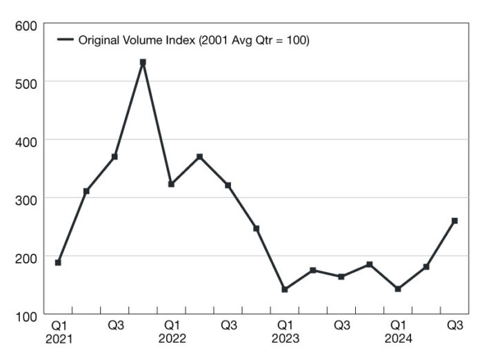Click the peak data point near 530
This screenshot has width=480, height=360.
143,62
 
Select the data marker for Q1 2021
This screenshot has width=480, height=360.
58,262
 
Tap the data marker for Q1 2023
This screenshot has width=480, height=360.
284,289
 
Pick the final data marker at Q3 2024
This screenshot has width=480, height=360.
454,221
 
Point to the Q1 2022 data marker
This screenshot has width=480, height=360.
171,184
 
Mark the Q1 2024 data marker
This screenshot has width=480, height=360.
398,289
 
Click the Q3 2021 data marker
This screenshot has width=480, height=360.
114,157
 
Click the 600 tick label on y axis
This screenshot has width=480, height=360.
26,26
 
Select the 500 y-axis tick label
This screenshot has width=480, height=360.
26,82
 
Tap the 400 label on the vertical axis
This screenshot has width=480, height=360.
26,140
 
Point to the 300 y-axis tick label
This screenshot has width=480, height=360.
26,199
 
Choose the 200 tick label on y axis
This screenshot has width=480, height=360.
26,257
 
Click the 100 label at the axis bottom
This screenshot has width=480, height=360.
26,315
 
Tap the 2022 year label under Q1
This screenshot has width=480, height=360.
172,339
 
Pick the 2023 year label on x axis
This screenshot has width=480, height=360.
285,339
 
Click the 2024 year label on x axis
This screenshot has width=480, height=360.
398,339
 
